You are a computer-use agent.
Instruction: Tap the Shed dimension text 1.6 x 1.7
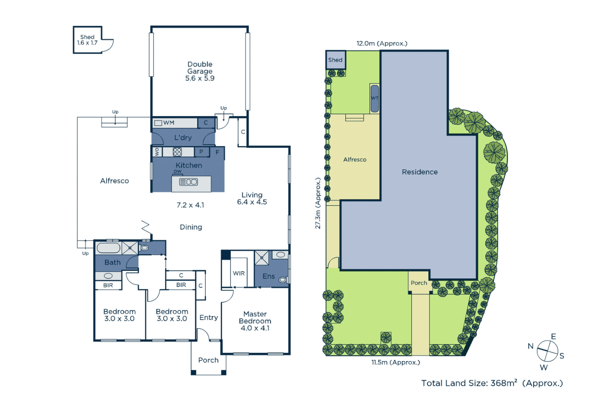pyautogui.click(x=87, y=43)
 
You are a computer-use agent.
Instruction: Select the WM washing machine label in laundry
pyautogui.click(x=169, y=123)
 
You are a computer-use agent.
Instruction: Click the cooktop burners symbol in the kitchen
pyautogui.click(x=177, y=152)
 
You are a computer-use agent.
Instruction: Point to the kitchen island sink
pyautogui.click(x=189, y=182)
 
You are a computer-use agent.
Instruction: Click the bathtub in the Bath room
pyautogui.click(x=108, y=248)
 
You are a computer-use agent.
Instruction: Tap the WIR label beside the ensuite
pyautogui.click(x=239, y=273)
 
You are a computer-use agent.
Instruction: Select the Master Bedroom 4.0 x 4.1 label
pyautogui.click(x=255, y=321)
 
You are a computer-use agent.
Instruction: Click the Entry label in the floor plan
pyautogui.click(x=208, y=317)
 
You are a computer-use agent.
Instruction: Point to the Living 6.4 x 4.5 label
pyautogui.click(x=252, y=198)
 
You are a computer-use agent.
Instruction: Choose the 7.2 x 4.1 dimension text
pyautogui.click(x=190, y=205)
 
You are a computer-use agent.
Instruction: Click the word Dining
pyautogui.click(x=191, y=227)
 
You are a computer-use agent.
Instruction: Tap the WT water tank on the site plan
pyautogui.click(x=375, y=98)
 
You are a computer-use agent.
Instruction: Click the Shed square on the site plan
pyautogui.click(x=336, y=60)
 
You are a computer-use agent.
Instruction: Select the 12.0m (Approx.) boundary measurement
pyautogui.click(x=382, y=43)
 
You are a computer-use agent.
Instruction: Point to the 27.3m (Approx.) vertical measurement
pyautogui.click(x=318, y=203)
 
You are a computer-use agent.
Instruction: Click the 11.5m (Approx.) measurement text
pyautogui.click(x=396, y=362)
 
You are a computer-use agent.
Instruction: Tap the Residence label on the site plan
pyautogui.click(x=420, y=172)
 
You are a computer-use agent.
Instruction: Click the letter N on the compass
pyautogui.click(x=530, y=346)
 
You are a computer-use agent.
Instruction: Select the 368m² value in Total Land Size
pyautogui.click(x=504, y=383)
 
